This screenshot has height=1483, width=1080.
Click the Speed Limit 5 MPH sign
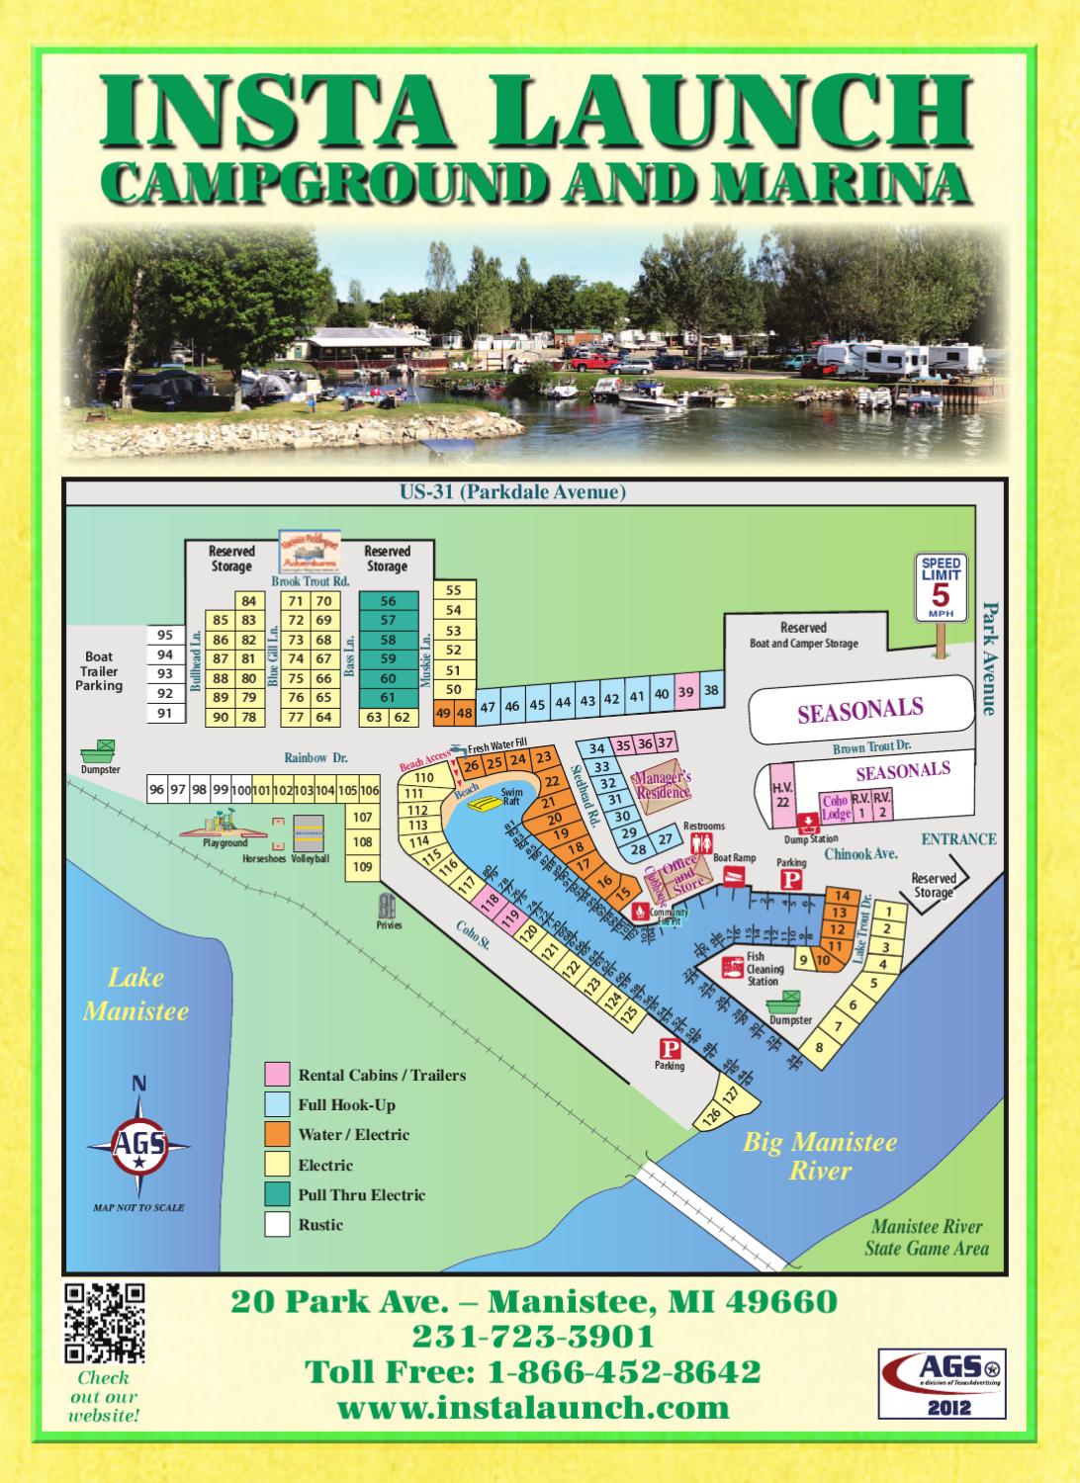(x=941, y=588)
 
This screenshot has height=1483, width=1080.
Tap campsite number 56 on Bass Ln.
(x=388, y=601)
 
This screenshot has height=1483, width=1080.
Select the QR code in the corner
(x=104, y=1322)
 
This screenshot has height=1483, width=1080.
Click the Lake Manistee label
(x=135, y=995)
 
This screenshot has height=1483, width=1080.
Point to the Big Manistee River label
(x=820, y=1157)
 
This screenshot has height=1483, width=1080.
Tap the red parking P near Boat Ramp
(x=790, y=881)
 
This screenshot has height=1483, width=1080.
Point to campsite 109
(x=363, y=867)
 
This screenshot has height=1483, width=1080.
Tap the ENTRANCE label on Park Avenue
(x=958, y=839)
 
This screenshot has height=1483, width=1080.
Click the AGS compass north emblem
(x=139, y=1145)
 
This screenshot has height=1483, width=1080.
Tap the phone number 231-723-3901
(x=533, y=1337)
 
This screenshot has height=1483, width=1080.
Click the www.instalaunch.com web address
(x=533, y=1408)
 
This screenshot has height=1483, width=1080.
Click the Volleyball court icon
(x=310, y=832)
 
